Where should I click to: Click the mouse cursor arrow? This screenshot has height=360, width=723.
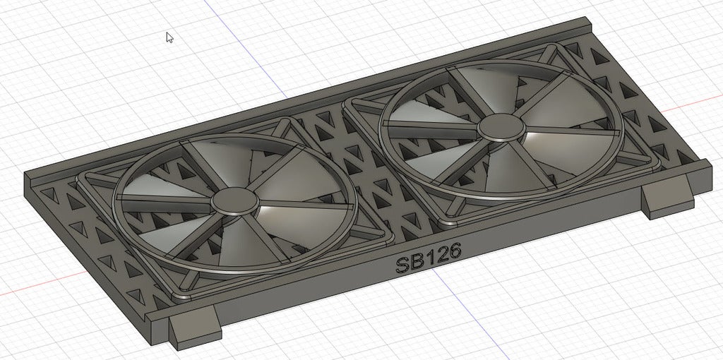pos(169,37)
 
